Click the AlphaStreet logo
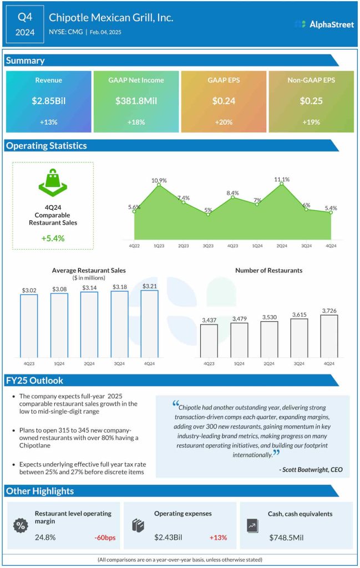(x=324, y=24)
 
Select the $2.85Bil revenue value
(x=48, y=101)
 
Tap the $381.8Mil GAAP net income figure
(x=136, y=101)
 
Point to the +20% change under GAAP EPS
(x=224, y=121)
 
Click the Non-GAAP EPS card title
(x=311, y=80)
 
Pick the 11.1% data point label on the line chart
(x=282, y=179)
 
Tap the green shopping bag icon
(x=53, y=184)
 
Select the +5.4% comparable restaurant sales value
(x=53, y=238)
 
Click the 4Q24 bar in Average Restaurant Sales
(x=149, y=324)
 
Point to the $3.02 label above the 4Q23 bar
(x=29, y=289)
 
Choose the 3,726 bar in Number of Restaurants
(x=329, y=336)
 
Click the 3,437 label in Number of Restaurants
(x=209, y=320)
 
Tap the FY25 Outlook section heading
(x=34, y=381)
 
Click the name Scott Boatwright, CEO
(x=311, y=469)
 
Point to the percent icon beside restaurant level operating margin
(x=22, y=525)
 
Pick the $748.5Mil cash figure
(x=288, y=537)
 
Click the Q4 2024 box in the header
(x=25, y=24)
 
